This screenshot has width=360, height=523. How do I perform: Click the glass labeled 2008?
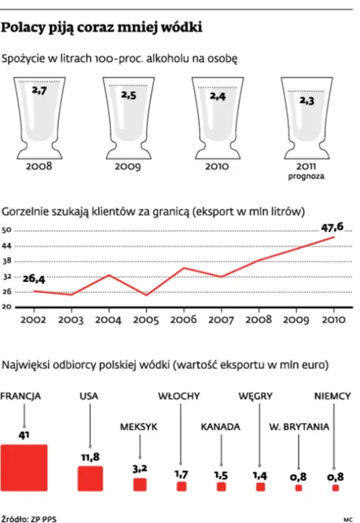click(x=39, y=115)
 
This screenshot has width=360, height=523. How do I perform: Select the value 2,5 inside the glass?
click(x=128, y=95)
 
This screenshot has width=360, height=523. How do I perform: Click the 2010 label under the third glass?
click(x=218, y=167)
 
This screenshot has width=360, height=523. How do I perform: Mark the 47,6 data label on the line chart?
click(x=335, y=227)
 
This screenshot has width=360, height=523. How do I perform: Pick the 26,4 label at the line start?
click(x=35, y=278)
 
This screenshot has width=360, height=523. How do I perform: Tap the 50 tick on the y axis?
click(x=7, y=230)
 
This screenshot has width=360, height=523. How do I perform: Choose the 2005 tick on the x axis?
click(x=145, y=321)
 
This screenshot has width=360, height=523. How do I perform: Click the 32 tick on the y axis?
click(x=7, y=276)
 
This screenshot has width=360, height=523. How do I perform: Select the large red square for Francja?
click(x=24, y=468)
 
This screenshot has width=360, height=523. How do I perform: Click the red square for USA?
click(x=90, y=478)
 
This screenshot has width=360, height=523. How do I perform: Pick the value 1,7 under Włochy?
click(x=181, y=474)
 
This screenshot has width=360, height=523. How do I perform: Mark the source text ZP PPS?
click(x=39, y=518)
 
